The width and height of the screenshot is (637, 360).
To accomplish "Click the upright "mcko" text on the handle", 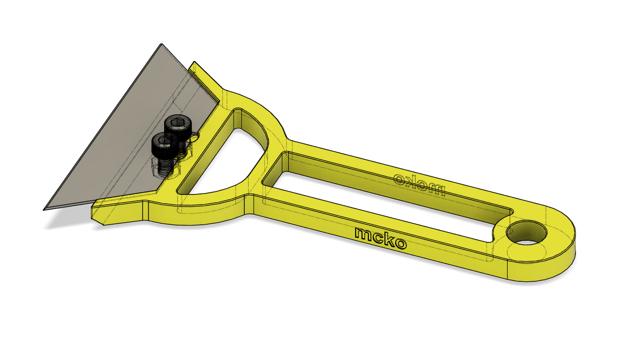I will [380, 238].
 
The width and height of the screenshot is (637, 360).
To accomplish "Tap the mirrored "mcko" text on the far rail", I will [419, 184].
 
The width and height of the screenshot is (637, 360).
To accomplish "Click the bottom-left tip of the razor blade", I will [45, 209].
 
